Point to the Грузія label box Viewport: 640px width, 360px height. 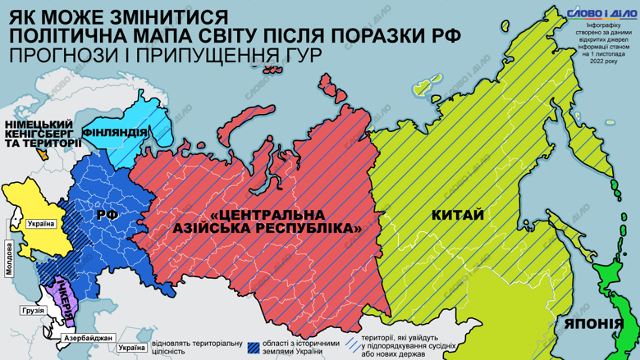(x=34, y=311)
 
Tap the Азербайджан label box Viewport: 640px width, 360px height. (x=85, y=338)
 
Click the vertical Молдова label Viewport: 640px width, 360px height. (x=10, y=258)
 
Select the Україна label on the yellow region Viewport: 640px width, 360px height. (x=41, y=224)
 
